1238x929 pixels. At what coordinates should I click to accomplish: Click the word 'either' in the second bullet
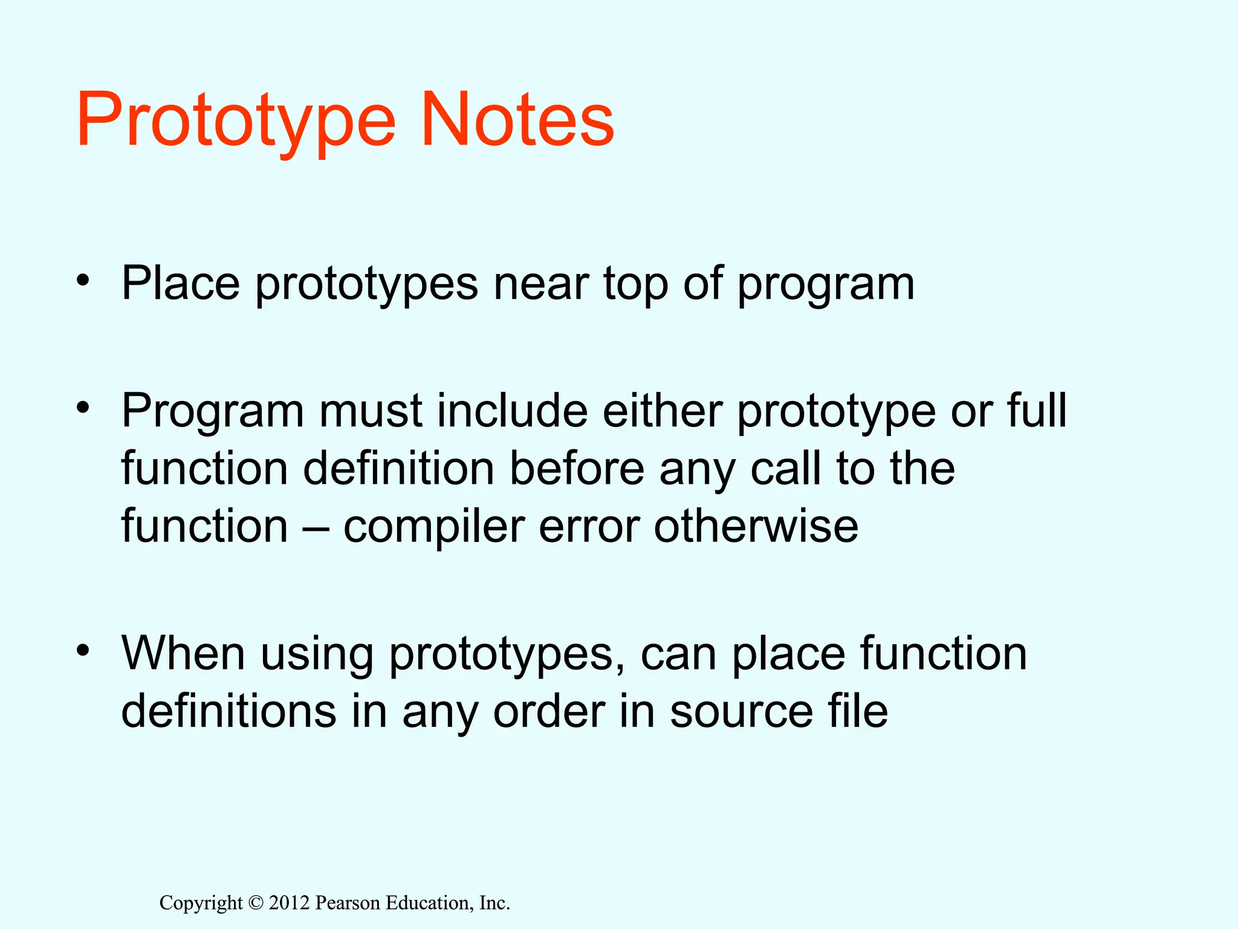click(x=663, y=411)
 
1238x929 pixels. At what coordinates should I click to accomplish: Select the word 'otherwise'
click(x=756, y=526)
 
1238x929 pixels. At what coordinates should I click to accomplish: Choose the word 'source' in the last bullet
click(x=742, y=712)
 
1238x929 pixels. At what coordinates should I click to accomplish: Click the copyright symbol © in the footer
click(x=256, y=903)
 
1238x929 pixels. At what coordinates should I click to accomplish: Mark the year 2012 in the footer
click(x=289, y=903)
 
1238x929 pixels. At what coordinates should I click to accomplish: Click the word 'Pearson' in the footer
click(x=348, y=903)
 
